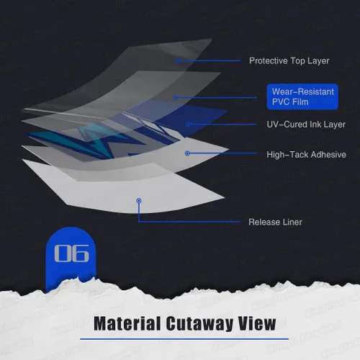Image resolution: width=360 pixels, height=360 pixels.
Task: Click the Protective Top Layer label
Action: tap(289, 60)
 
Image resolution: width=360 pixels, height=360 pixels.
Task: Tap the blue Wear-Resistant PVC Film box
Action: tap(302, 96)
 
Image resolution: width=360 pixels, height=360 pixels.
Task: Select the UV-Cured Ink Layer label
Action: tap(306, 125)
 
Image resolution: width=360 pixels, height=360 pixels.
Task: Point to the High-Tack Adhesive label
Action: tap(306, 155)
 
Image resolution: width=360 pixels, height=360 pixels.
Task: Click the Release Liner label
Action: tap(275, 222)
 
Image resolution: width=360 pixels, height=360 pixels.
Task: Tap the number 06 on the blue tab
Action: tap(71, 253)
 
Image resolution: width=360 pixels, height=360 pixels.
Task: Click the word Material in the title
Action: tap(127, 323)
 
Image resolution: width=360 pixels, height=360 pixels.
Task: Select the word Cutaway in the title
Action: tap(199, 324)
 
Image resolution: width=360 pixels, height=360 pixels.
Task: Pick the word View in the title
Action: tap(257, 323)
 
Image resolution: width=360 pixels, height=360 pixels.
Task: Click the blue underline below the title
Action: tap(184, 339)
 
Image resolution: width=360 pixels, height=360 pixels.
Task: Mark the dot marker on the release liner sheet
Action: tap(139, 200)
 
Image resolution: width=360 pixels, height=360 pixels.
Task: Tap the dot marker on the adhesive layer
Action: tap(188, 153)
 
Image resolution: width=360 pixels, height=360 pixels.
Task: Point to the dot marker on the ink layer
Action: tap(189, 124)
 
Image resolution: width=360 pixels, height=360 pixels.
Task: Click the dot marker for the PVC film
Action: tap(176, 98)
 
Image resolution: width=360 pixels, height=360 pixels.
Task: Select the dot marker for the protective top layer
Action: tap(178, 60)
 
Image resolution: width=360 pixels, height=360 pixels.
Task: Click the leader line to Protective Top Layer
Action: tap(209, 60)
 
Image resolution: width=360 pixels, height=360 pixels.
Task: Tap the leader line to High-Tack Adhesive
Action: tap(222, 153)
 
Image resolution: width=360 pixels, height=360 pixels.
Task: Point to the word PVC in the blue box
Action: tap(281, 102)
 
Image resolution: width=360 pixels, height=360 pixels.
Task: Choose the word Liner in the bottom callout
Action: tap(292, 222)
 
